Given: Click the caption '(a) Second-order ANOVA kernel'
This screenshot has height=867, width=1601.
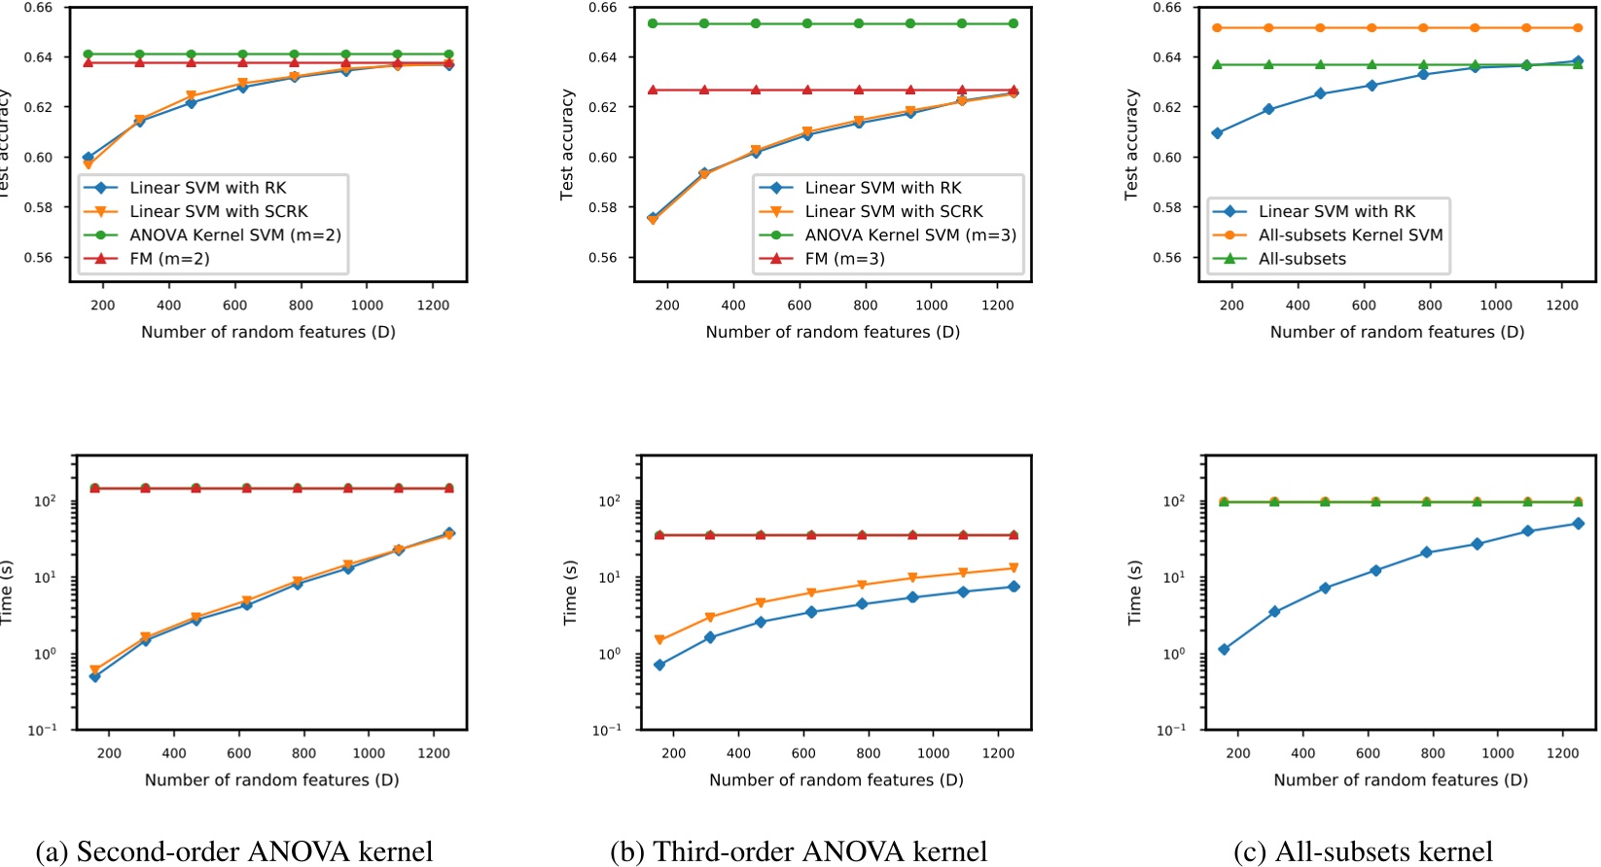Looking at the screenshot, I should click(x=233, y=851).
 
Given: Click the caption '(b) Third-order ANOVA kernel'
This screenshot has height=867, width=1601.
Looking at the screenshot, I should click(x=798, y=851).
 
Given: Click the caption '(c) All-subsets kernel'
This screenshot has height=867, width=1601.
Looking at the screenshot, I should click(x=1363, y=851).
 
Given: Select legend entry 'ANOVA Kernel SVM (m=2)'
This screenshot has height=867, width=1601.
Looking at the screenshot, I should click(x=235, y=235).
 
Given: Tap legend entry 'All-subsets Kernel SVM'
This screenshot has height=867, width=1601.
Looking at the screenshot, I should click(x=1350, y=235).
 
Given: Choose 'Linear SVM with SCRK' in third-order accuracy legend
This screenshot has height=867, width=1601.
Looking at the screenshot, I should click(x=893, y=211).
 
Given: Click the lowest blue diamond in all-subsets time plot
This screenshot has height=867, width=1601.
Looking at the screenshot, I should click(x=1224, y=649).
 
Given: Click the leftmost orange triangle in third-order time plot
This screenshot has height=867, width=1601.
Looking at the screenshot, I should click(x=659, y=640).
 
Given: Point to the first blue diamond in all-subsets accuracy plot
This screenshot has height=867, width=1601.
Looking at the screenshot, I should click(x=1217, y=132).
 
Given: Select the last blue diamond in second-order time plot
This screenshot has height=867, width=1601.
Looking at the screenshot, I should click(x=449, y=533).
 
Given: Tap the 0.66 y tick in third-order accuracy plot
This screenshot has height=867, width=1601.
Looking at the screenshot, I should click(x=603, y=8).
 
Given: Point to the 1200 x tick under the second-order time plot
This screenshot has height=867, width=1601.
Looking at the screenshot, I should click(x=434, y=753).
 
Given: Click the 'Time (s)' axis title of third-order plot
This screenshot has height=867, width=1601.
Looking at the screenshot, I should click(x=570, y=592).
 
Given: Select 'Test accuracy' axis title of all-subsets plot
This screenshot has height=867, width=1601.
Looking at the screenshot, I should click(x=1131, y=144).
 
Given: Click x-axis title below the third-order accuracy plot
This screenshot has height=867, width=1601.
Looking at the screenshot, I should click(x=833, y=332).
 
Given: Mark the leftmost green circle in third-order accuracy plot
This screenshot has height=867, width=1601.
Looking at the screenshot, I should click(x=653, y=23).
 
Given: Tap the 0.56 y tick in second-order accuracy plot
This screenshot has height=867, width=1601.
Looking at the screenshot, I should click(x=38, y=258).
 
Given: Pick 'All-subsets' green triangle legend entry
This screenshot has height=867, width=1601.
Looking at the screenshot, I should click(x=1301, y=259).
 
